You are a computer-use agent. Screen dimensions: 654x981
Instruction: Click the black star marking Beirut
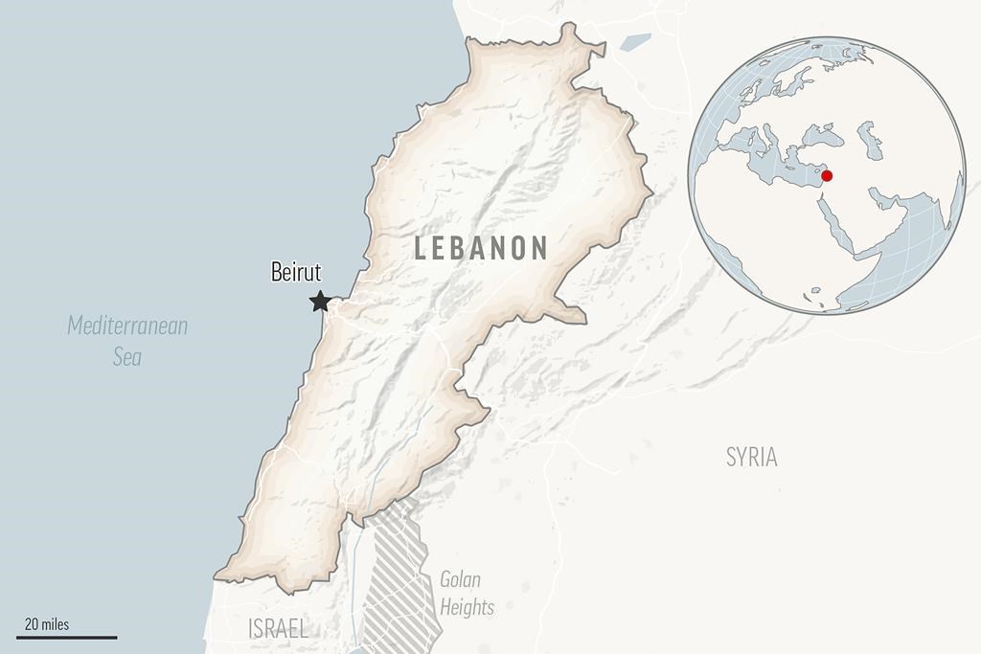[320, 303]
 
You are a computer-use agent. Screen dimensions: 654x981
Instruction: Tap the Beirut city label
[296, 273]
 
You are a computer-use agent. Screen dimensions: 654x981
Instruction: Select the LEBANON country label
[481, 248]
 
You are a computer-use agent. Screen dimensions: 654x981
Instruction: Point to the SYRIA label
[751, 457]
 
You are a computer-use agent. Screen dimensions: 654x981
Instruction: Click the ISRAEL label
[278, 629]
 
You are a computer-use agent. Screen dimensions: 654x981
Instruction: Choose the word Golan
[460, 579]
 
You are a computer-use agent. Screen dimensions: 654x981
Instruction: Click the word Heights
[467, 607]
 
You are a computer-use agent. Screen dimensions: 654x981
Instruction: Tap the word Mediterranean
[127, 326]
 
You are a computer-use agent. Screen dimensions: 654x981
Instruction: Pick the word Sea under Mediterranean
[126, 357]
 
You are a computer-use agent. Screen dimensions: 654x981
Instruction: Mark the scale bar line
[66, 637]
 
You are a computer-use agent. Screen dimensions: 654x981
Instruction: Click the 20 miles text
[47, 624]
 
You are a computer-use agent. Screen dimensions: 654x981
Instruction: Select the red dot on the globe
[827, 175]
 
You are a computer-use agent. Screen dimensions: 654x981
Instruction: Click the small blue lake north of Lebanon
[634, 41]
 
